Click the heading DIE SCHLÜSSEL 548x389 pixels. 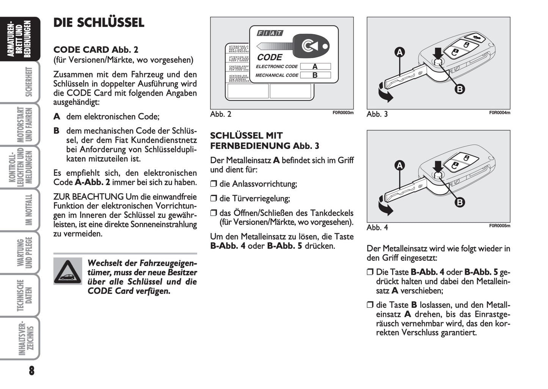99,23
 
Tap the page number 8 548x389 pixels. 31,370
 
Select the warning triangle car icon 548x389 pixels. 68,271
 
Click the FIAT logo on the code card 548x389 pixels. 270,33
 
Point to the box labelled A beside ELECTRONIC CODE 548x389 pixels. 315,66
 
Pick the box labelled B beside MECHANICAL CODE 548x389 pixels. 315,75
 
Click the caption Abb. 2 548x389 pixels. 220,114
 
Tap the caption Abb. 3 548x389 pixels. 377,114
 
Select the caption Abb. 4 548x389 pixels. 377,227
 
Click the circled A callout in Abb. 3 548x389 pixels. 399,52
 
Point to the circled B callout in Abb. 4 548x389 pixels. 460,202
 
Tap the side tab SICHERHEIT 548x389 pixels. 29,82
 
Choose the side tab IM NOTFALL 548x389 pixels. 29,210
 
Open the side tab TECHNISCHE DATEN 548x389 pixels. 24,296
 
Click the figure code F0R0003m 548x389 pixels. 343,113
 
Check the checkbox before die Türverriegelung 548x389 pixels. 214,198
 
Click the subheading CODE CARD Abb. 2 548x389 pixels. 96,50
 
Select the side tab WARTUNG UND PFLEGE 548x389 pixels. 24,253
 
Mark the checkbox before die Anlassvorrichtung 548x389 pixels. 214,184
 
